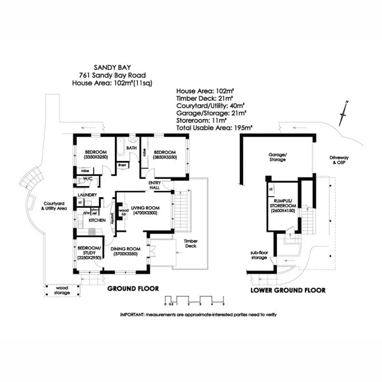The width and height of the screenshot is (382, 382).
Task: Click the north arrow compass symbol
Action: tap(343, 113)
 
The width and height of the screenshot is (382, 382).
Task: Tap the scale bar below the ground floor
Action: tap(194, 299)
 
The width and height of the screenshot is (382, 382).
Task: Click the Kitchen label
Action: tap(98, 221)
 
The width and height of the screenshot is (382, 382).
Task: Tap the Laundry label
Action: tap(86, 195)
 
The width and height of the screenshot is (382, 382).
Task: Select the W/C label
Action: tap(87, 179)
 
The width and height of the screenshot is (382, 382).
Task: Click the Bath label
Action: tap(132, 148)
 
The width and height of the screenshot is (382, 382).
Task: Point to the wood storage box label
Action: tap(62, 290)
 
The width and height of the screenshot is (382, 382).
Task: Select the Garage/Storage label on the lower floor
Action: tap(277, 157)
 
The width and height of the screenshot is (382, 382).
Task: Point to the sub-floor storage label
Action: tap(260, 255)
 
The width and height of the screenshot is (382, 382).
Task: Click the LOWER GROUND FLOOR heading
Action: tap(288, 290)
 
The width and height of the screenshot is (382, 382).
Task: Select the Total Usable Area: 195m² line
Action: tap(214, 127)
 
